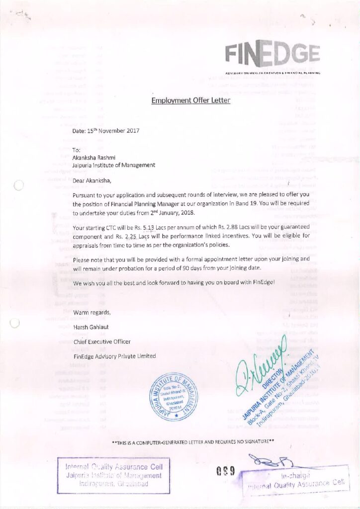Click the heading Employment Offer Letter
(x=191, y=101)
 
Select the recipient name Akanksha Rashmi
(x=94, y=157)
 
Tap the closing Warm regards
(x=92, y=313)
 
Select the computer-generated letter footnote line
(x=193, y=441)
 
